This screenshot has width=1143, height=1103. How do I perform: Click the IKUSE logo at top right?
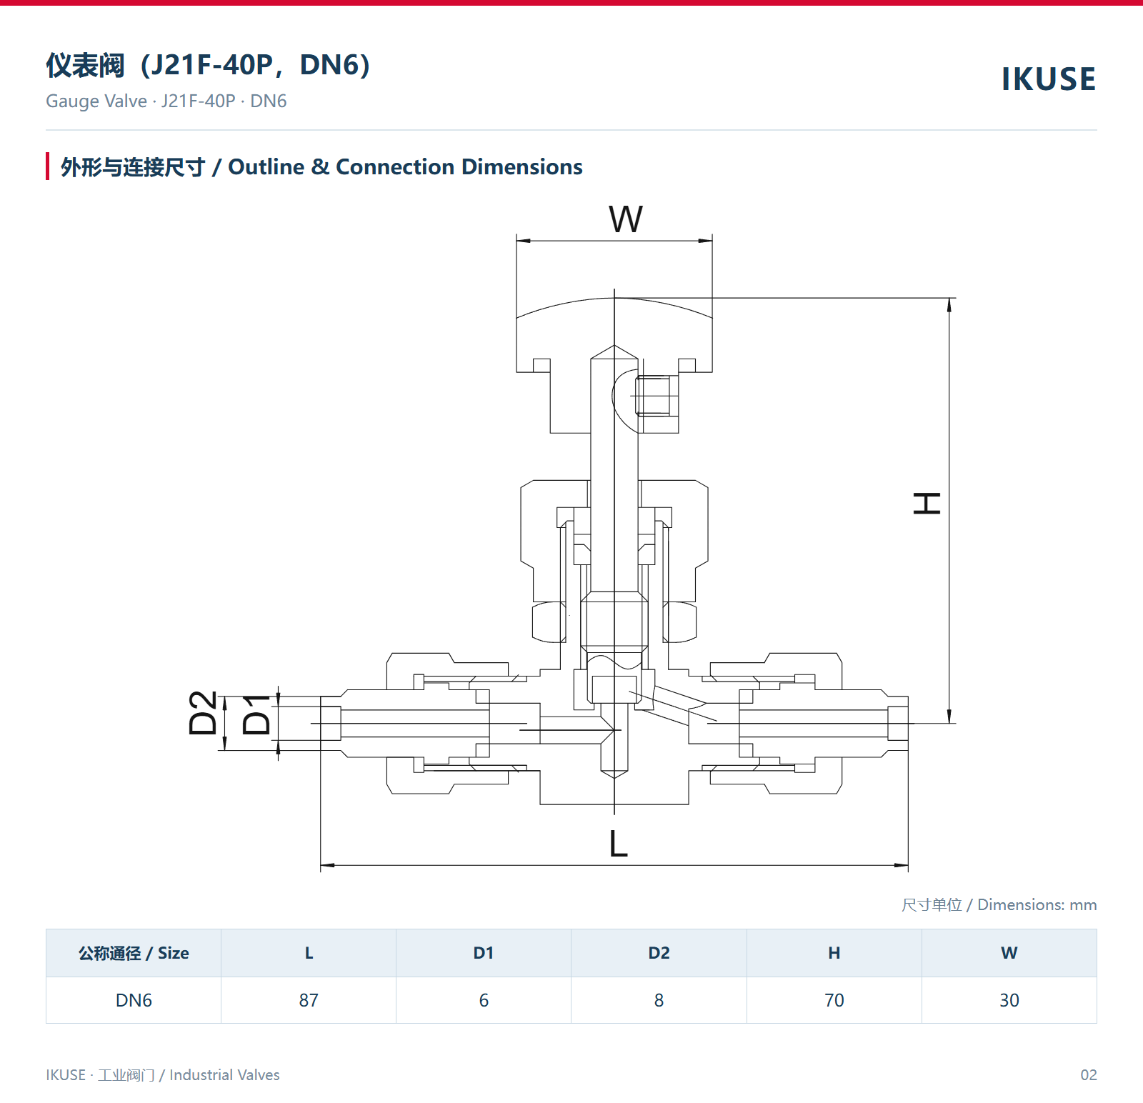tap(1048, 79)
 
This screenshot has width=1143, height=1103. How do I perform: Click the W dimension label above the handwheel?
tap(626, 219)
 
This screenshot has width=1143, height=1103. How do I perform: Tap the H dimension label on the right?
tap(927, 503)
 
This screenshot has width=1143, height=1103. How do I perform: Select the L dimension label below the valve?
tap(619, 844)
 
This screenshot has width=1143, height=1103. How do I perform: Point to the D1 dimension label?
tap(256, 714)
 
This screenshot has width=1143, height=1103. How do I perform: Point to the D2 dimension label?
tap(203, 713)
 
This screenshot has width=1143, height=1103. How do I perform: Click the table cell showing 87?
tap(309, 1000)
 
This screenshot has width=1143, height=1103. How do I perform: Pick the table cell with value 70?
tap(834, 1000)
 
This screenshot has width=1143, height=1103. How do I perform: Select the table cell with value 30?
tap(1009, 1000)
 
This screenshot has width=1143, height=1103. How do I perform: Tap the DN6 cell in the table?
tap(134, 1000)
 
